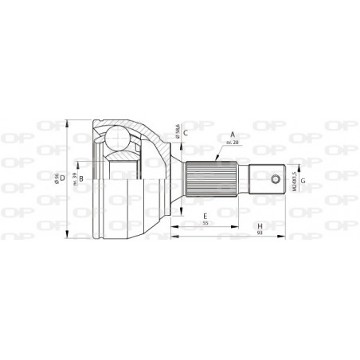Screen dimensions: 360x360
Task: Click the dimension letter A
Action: (233, 135)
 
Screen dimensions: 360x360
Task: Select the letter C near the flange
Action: (185, 133)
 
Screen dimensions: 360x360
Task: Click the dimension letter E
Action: (205, 216)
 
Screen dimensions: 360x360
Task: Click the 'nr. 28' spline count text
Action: (233, 142)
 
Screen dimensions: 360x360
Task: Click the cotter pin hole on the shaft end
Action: (275, 178)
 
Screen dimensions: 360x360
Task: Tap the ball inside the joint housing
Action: (119, 139)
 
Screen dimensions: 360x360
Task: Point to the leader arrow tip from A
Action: (192, 158)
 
